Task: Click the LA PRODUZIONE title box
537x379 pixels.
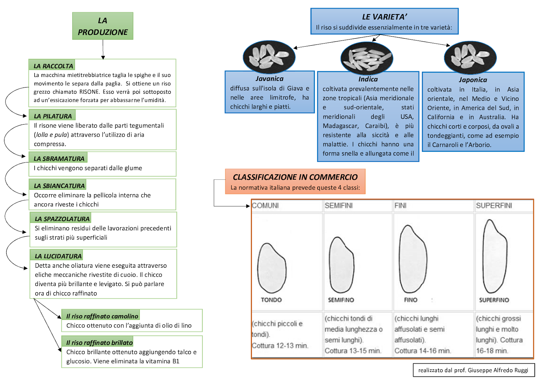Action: (103, 26)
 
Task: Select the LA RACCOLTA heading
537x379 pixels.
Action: (53, 66)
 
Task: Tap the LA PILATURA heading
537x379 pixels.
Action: (53, 116)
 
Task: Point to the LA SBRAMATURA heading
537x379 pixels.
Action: (59, 159)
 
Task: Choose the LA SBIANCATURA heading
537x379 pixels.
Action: (59, 186)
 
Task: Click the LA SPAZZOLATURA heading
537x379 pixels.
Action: (62, 219)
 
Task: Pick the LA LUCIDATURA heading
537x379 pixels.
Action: (58, 256)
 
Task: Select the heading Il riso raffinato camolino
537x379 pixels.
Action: (102, 316)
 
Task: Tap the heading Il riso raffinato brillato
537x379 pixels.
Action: (99, 342)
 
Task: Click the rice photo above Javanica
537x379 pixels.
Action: (269, 56)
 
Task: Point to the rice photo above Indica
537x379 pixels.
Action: (367, 58)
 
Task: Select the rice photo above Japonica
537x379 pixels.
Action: (470, 57)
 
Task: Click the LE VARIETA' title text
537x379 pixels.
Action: (384, 17)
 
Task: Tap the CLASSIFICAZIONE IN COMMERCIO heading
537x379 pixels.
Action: (295, 177)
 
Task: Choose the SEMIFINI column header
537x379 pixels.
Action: (338, 205)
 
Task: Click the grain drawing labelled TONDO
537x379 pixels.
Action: (272, 268)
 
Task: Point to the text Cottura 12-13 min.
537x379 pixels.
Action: (280, 345)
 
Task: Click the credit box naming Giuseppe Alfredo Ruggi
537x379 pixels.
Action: (473, 370)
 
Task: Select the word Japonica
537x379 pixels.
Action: (473, 80)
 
